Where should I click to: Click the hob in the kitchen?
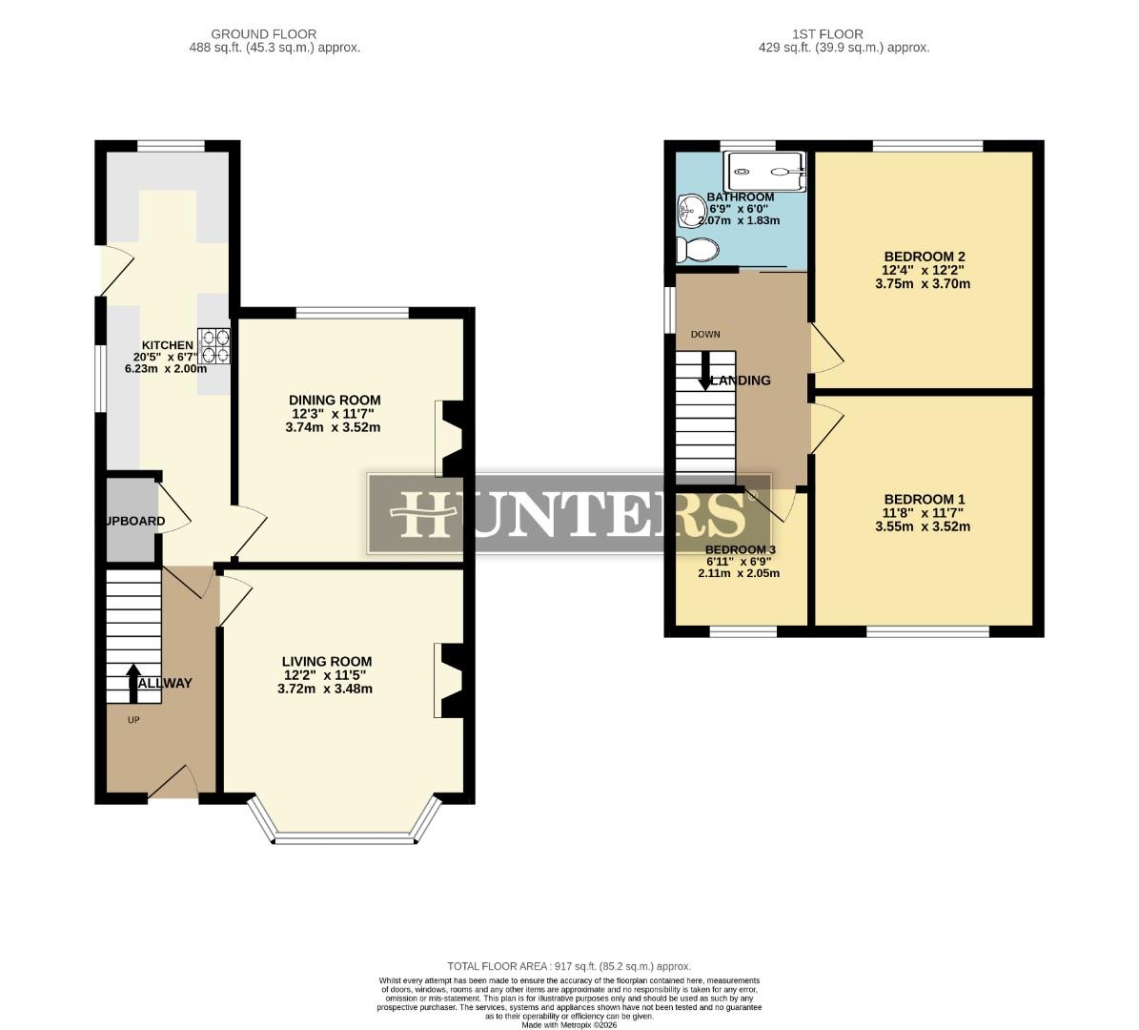[x=214, y=345]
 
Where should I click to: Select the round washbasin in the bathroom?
[x=689, y=211]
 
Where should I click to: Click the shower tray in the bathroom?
[x=766, y=172]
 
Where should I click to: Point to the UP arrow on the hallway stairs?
[x=132, y=678]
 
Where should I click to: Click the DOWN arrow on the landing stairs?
[x=704, y=370]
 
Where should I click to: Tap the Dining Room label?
[x=335, y=401]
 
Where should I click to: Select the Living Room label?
[x=326, y=661]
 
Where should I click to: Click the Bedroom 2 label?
[x=925, y=257]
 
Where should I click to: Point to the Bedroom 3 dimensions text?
[x=739, y=573]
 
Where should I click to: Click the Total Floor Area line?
[x=569, y=966]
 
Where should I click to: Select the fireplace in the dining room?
[x=450, y=438]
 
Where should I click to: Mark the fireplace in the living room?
[x=450, y=680]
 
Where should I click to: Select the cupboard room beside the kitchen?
[x=130, y=521]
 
